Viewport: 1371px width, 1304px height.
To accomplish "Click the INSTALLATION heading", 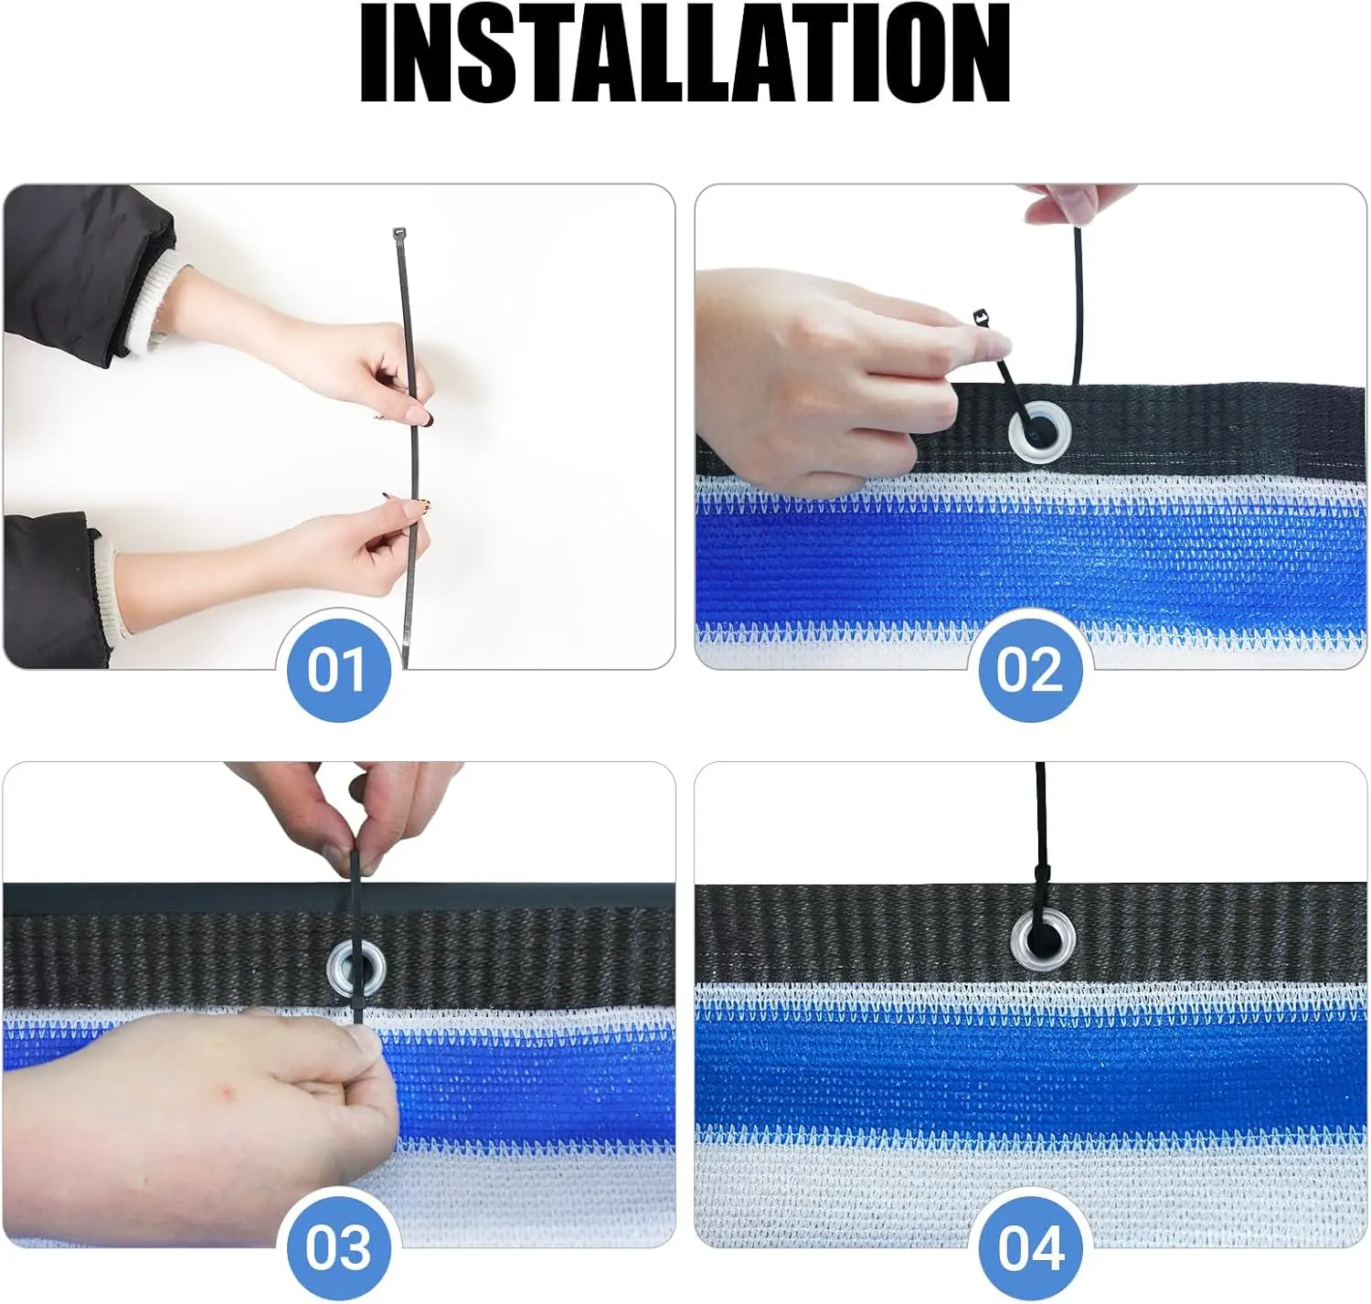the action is [x=685, y=53].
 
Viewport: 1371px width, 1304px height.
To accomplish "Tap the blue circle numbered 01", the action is [x=337, y=670].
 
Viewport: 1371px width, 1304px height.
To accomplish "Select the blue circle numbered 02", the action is [x=1029, y=670].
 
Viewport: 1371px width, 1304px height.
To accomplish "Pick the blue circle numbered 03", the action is [x=338, y=1246].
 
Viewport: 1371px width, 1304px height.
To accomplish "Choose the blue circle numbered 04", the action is [x=1031, y=1246].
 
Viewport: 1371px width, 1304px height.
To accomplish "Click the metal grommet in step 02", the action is [x=1040, y=430].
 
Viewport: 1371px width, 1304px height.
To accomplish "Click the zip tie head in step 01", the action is [x=399, y=233].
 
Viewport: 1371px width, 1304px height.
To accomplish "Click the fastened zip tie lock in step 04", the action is [x=1042, y=873].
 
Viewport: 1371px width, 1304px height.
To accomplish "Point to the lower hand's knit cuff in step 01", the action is [x=108, y=583].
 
